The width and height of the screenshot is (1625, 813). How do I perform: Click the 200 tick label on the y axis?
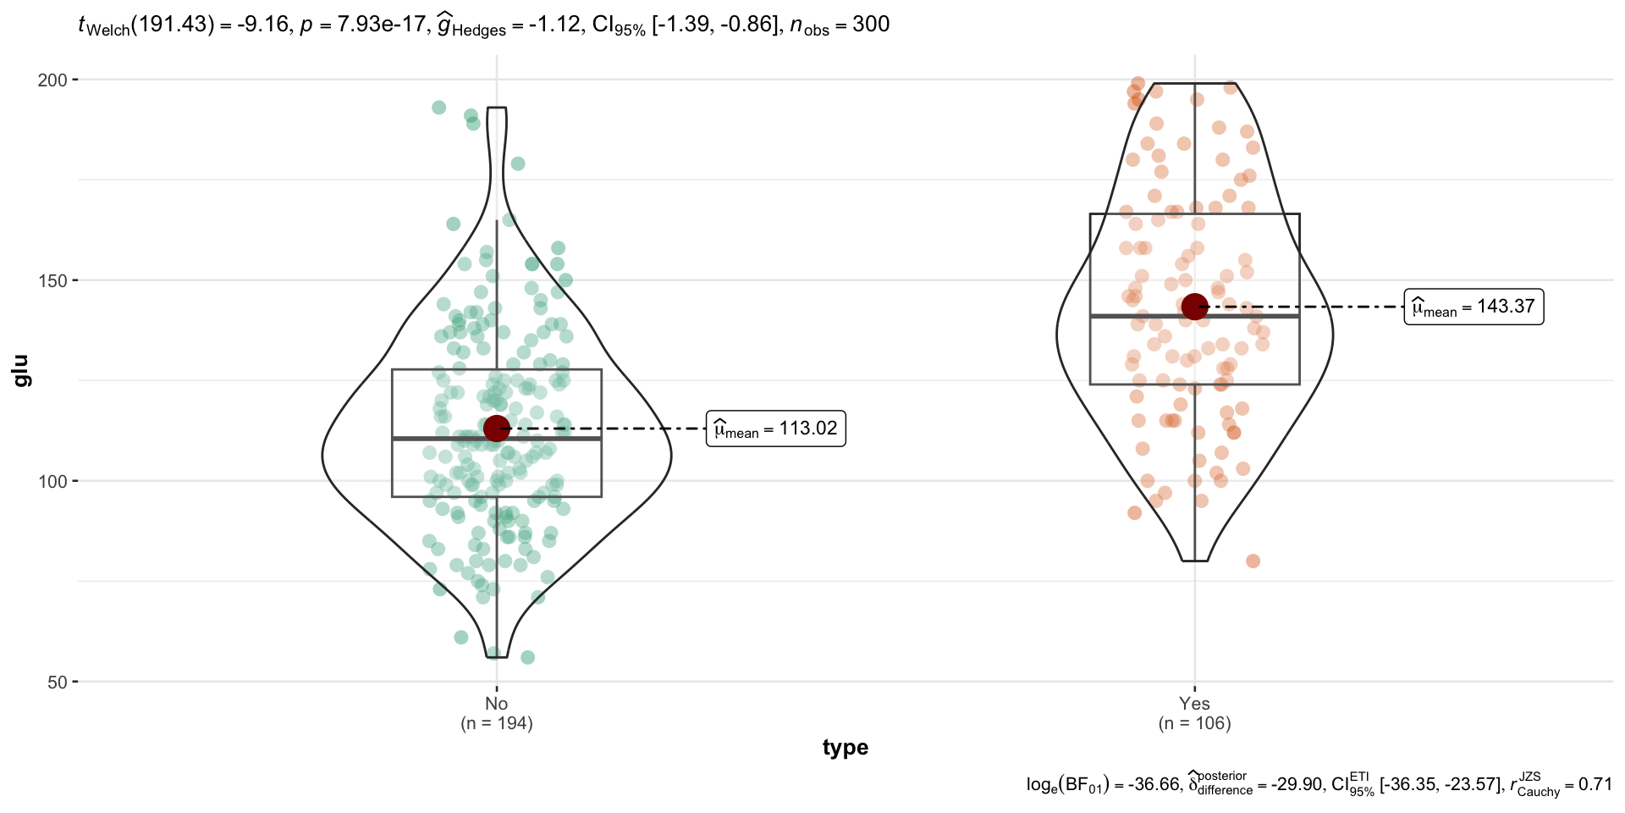click(x=52, y=80)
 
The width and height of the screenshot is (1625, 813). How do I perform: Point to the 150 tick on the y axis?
click(x=52, y=281)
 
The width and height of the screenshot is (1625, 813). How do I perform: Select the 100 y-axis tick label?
click(x=52, y=482)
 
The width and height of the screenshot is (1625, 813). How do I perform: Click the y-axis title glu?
click(x=21, y=371)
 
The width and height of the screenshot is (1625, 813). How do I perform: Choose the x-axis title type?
click(x=845, y=748)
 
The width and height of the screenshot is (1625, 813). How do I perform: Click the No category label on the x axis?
click(x=496, y=704)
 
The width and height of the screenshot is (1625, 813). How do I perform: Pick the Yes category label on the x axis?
click(x=1194, y=704)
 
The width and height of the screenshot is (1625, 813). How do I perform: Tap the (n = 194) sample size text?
click(x=496, y=723)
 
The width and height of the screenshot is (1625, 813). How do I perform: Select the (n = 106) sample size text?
click(x=1194, y=723)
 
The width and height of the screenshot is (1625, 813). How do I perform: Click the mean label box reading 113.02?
click(x=775, y=429)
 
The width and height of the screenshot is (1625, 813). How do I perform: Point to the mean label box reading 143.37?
click(x=1474, y=307)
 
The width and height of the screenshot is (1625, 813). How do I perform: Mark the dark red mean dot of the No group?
click(x=496, y=429)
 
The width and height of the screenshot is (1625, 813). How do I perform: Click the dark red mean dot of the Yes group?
click(x=1194, y=307)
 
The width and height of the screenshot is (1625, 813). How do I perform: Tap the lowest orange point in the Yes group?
click(x=1253, y=561)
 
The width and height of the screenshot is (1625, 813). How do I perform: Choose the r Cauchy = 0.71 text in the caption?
click(x=1561, y=785)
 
